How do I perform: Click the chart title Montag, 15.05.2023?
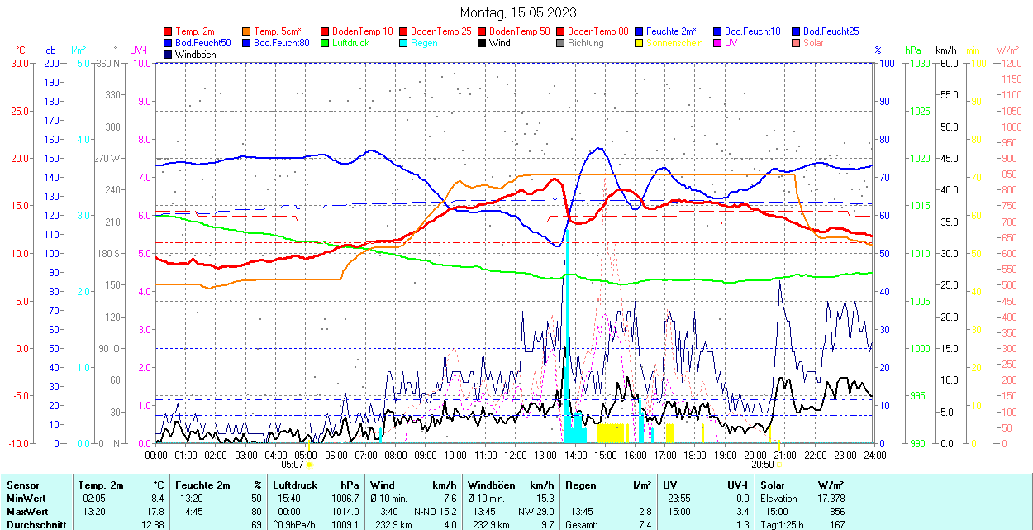pyautogui.click(x=518, y=12)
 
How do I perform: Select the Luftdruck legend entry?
pyautogui.click(x=350, y=43)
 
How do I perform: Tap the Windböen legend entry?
pyautogui.click(x=196, y=55)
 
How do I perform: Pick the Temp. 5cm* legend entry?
pyautogui.click(x=277, y=31)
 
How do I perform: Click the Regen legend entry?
pyautogui.click(x=425, y=43)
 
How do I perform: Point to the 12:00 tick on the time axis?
pyautogui.click(x=515, y=455)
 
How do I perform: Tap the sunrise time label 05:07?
pyautogui.click(x=293, y=465)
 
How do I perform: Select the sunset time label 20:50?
pyautogui.click(x=762, y=465)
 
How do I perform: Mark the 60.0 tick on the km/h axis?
pyautogui.click(x=947, y=63)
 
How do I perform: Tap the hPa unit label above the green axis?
pyautogui.click(x=912, y=50)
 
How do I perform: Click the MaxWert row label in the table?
pyautogui.click(x=26, y=511)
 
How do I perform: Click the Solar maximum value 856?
pyautogui.click(x=837, y=511)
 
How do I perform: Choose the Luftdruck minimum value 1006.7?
pyautogui.click(x=345, y=499)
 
